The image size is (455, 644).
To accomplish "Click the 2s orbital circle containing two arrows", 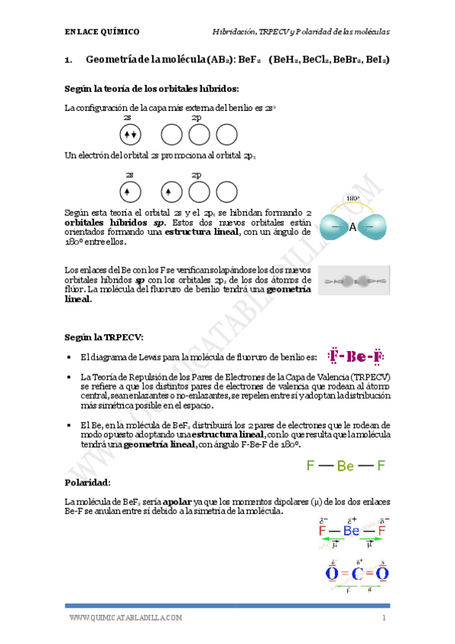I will [130, 135].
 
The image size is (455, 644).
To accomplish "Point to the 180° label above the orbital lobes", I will [352, 199].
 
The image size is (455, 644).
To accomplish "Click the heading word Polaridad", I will [87, 482].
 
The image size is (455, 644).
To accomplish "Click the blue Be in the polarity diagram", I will [351, 531].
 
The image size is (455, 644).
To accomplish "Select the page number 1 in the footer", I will [384, 618].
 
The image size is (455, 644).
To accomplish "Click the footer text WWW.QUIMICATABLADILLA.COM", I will [125, 618].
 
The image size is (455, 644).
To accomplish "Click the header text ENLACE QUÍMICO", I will [102, 32].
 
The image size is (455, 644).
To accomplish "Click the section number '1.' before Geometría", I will [68, 59].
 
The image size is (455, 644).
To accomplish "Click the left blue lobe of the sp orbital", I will [332, 226].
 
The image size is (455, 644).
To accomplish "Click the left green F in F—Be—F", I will [310, 466].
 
